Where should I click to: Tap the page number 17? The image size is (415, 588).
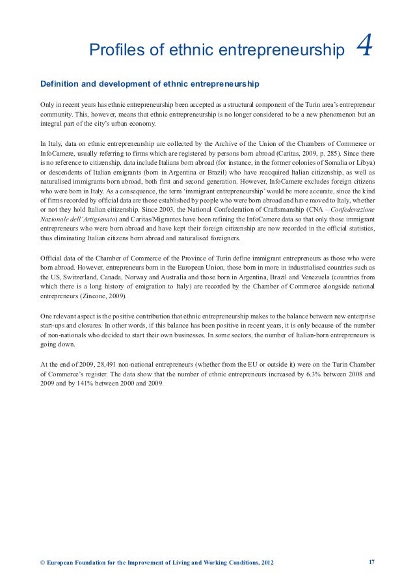point(371,562)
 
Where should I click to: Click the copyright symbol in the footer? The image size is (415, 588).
point(43,563)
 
